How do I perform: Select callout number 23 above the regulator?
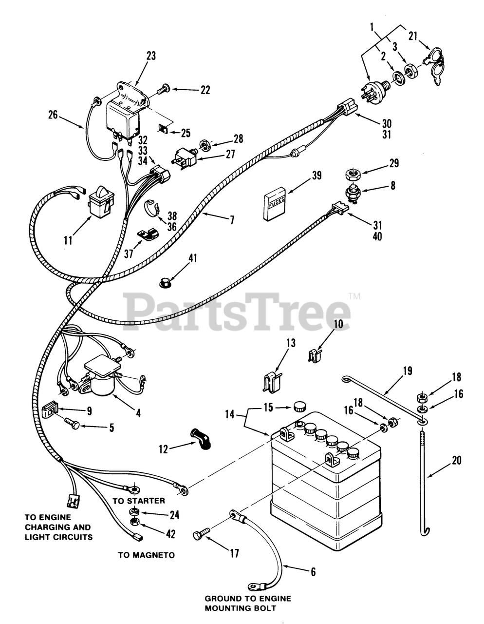pyautogui.click(x=151, y=56)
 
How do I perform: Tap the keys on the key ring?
pyautogui.click(x=432, y=65)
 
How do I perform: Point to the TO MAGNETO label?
pyautogui.click(x=146, y=555)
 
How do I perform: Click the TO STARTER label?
pyautogui.click(x=139, y=501)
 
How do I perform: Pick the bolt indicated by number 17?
pyautogui.click(x=199, y=535)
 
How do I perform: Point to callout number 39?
pyautogui.click(x=316, y=176)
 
